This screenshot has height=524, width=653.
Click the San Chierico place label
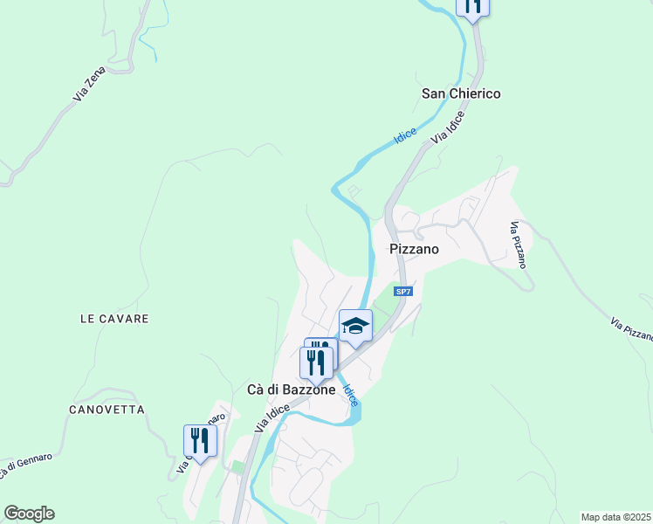click(461, 93)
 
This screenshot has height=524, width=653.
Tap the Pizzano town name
click(413, 249)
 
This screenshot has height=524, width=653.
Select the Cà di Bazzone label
click(291, 390)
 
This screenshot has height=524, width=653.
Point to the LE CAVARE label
click(114, 319)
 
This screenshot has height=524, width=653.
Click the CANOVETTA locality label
click(108, 409)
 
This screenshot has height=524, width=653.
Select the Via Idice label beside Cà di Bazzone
click(273, 416)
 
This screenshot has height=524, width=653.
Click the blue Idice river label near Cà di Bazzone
click(348, 395)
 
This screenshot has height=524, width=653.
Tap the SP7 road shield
click(402, 291)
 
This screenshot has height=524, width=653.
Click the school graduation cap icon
click(355, 327)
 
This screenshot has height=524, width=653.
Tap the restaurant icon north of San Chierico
click(472, 6)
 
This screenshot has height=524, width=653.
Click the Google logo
click(29, 514)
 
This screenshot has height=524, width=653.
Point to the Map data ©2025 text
click(616, 517)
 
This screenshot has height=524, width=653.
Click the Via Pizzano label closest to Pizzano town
click(519, 245)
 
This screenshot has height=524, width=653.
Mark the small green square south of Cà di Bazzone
click(237, 467)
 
